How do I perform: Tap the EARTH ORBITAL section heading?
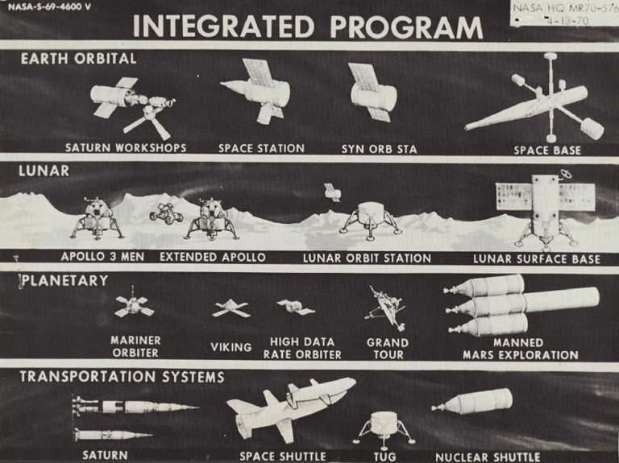pos(78,59)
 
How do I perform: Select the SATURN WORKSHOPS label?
pos(126,148)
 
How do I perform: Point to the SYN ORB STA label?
pos(379,148)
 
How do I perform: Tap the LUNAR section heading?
pos(44,171)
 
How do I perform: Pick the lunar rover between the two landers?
pos(166,213)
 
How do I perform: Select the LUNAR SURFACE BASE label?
pos(536,258)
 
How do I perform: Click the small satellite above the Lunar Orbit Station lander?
pos(332,192)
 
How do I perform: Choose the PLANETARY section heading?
pos(64,280)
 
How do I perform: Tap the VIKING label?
pos(231,347)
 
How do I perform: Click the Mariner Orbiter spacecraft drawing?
pos(133,305)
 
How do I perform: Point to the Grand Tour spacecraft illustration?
pos(386,307)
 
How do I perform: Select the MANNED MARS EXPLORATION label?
pos(520,348)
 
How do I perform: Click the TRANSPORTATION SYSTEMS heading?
pos(122,376)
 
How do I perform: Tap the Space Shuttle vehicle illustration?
pos(290,403)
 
